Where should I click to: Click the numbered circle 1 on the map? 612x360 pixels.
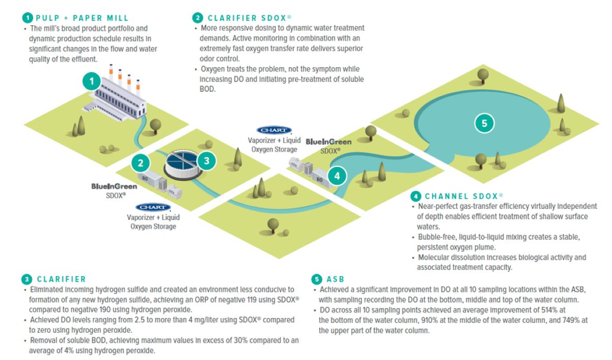click(x=92, y=81)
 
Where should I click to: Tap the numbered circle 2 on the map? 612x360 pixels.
click(x=140, y=162)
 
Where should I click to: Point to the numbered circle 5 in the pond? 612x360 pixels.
click(x=484, y=123)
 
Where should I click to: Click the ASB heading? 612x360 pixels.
click(x=336, y=279)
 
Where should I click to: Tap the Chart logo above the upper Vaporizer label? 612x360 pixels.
click(x=274, y=130)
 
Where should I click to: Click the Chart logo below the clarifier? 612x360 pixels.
click(x=153, y=207)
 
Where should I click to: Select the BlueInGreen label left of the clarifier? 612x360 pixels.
click(x=114, y=186)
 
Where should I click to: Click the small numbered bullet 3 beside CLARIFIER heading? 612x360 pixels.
click(x=27, y=279)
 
